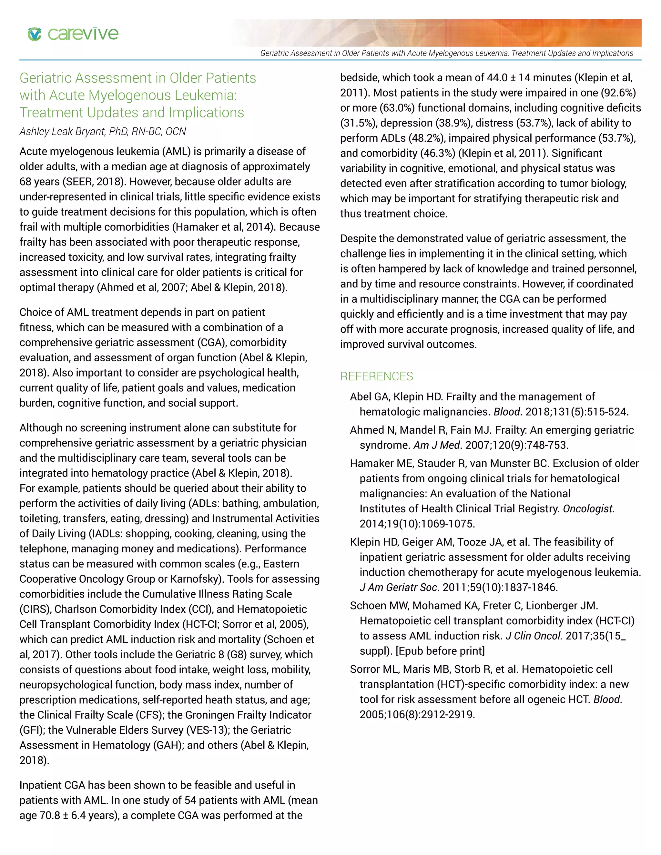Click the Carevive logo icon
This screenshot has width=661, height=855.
tap(35, 34)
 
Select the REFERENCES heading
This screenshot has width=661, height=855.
tap(376, 376)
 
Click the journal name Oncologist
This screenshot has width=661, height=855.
tap(588, 508)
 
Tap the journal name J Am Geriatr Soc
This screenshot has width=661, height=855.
tap(399, 587)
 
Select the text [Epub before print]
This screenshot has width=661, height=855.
tap(440, 651)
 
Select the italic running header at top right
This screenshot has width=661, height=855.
tap(446, 53)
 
